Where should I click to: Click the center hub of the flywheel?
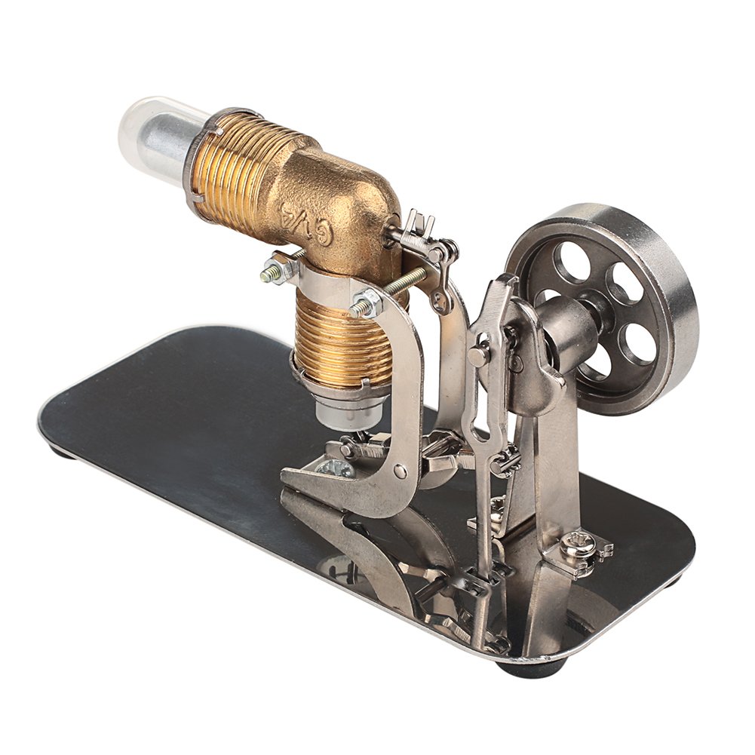(597, 305)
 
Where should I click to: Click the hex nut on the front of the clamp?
(366, 305)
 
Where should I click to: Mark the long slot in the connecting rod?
(475, 411)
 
